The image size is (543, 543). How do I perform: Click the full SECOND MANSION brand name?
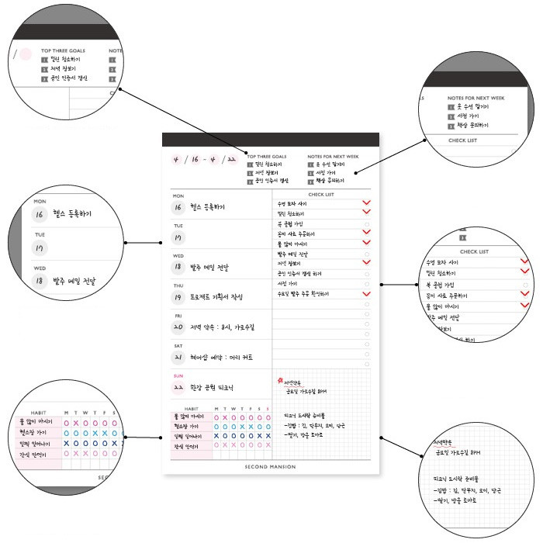coord(271,467)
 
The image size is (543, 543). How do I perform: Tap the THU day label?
coord(178,286)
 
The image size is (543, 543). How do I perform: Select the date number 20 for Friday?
coord(178,327)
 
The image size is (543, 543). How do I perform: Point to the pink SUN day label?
coord(178,375)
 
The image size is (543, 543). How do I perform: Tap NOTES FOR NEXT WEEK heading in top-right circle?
coord(476,98)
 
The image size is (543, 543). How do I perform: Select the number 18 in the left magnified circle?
coord(40,281)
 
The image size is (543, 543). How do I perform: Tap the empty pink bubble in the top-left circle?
coord(25,55)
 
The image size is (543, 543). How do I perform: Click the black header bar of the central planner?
coord(271,140)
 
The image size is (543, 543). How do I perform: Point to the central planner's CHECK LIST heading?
coord(320,195)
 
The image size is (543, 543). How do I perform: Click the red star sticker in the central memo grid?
coord(278,380)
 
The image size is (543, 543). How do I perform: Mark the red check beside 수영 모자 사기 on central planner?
coord(365,202)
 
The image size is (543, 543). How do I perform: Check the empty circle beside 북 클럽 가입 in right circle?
coord(525,285)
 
